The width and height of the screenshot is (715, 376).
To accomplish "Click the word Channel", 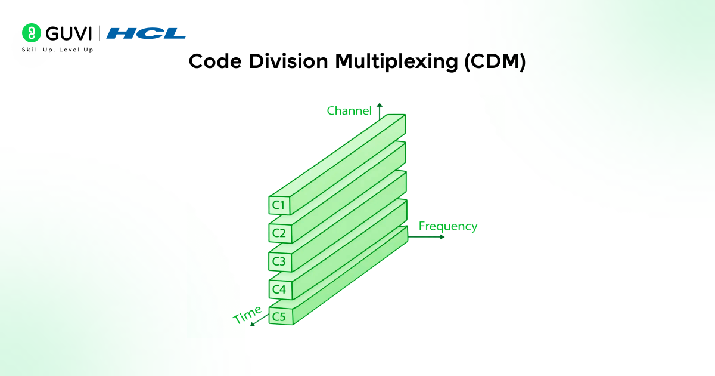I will [x=349, y=110].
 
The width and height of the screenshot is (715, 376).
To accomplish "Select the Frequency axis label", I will [x=447, y=226].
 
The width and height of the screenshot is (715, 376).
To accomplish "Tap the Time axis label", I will [x=247, y=314].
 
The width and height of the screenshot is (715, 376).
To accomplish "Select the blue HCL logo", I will [x=146, y=33].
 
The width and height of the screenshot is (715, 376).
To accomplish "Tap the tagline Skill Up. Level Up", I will [x=57, y=49].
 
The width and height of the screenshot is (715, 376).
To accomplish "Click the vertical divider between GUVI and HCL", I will [x=99, y=33].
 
